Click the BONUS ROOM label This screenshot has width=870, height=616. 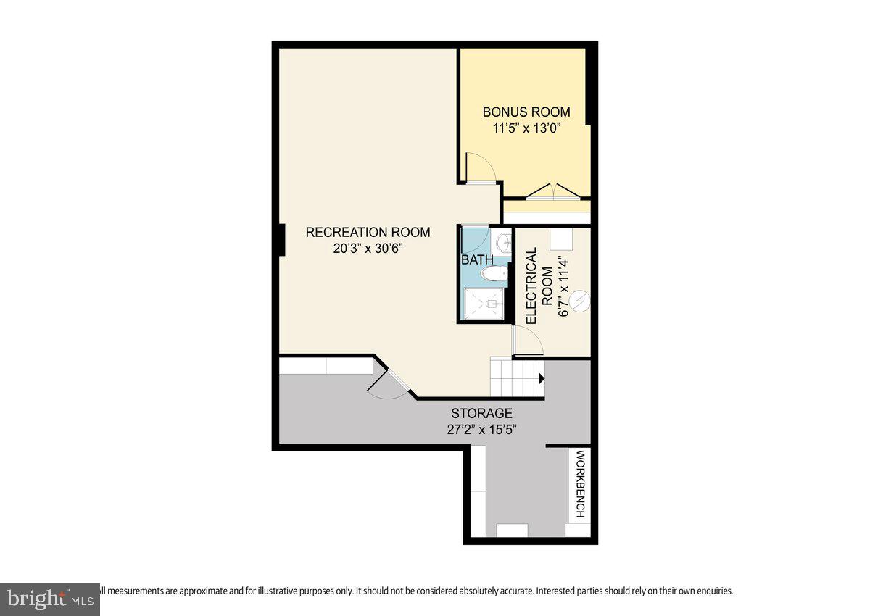point(526,112)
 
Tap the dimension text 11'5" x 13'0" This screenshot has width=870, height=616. point(526,130)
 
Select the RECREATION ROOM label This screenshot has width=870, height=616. point(368,233)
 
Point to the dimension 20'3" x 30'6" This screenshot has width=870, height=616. point(368,249)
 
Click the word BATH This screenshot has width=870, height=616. point(477,259)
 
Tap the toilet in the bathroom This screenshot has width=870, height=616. point(494,274)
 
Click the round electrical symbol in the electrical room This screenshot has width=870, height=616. point(579,301)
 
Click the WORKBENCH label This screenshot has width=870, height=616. point(580,484)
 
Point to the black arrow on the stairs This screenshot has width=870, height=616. point(541,378)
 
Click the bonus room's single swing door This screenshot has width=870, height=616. point(479,168)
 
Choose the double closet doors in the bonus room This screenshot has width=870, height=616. point(554,191)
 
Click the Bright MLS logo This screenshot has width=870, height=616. point(49,599)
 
